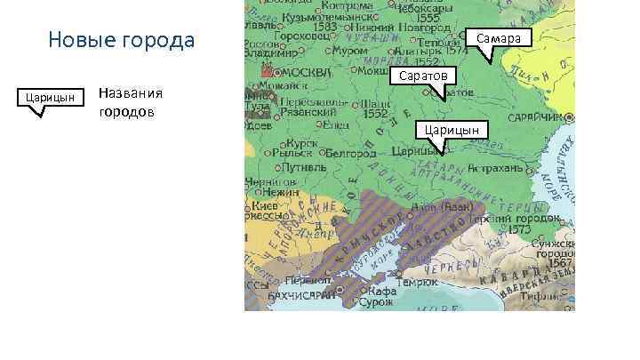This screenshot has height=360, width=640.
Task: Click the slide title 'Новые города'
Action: pyautogui.click(x=121, y=41)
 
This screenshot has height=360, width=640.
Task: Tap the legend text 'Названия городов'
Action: pyautogui.click(x=130, y=101)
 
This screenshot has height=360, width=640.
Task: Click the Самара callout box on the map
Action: pyautogui.click(x=503, y=38)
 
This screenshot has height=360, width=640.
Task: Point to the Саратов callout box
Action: pyautogui.click(x=423, y=76)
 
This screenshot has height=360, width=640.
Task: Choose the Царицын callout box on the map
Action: pyautogui.click(x=451, y=130)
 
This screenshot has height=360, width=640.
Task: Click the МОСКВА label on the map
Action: pyautogui.click(x=308, y=72)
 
